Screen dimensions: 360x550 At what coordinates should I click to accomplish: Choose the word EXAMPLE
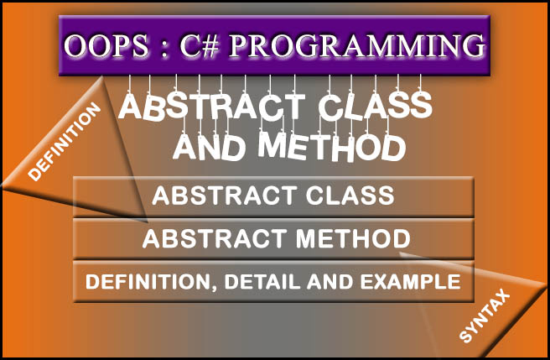coord(414,282)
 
